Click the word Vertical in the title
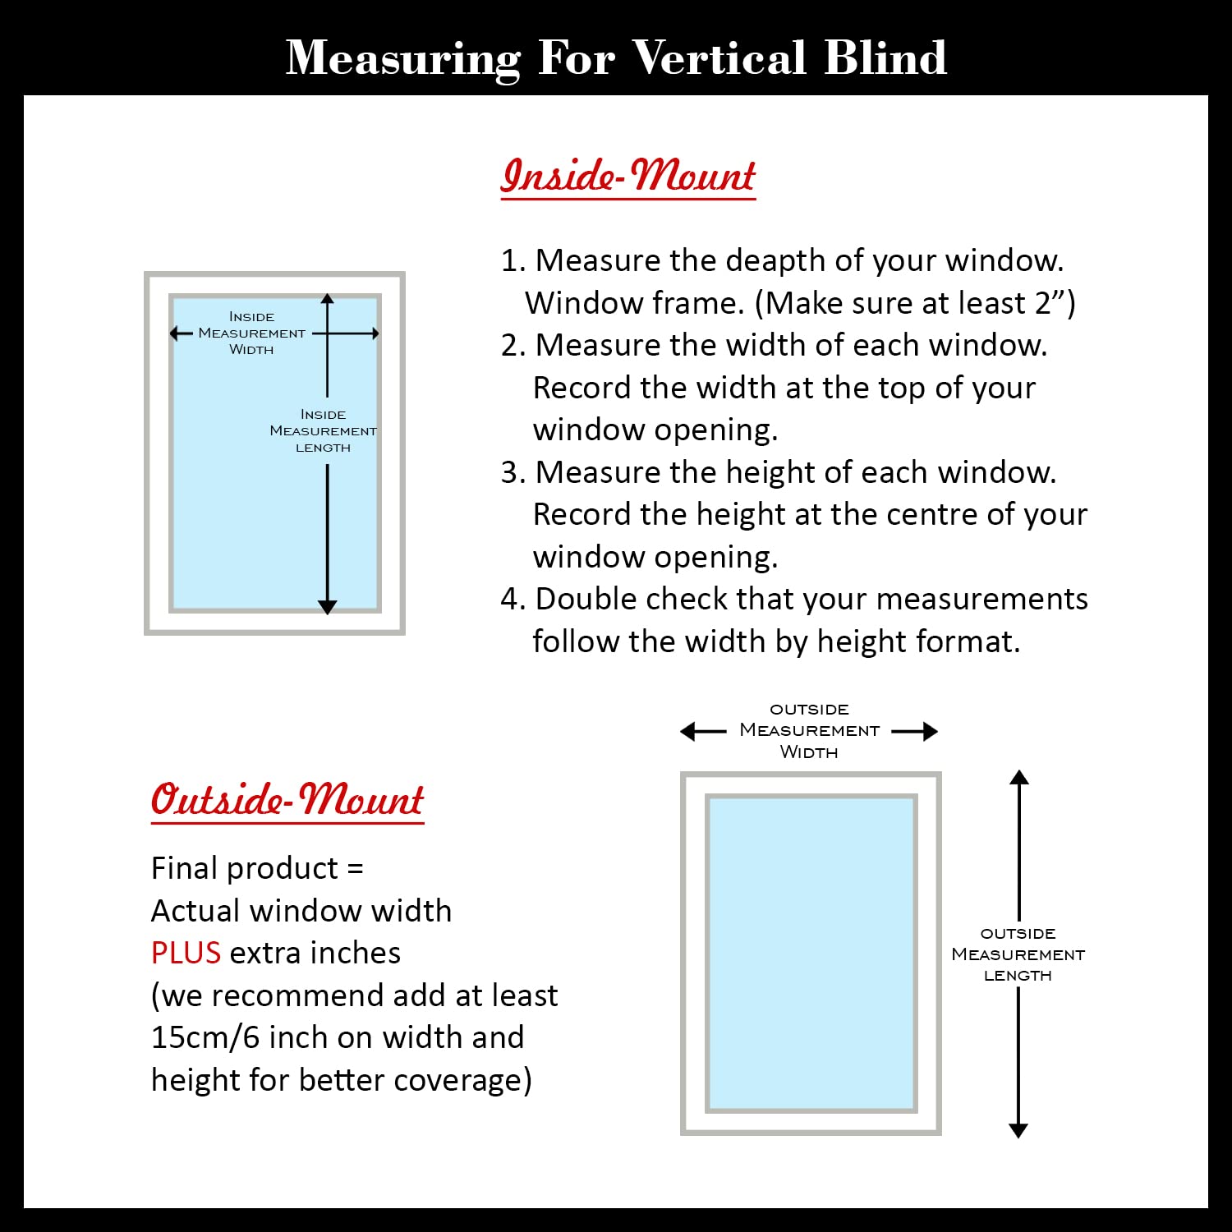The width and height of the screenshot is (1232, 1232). coord(719,57)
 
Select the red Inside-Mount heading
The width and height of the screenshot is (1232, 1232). coord(628,176)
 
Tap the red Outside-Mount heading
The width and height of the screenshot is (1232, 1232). coord(287,799)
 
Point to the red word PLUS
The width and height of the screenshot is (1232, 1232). coord(186,953)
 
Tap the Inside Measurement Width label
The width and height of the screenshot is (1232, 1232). coord(251,333)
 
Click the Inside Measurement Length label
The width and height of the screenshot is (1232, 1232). coord(323,431)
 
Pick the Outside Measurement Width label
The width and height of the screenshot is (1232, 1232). coord(809,730)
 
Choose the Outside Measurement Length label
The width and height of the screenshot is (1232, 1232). coord(1018,954)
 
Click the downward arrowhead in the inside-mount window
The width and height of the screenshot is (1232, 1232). coord(327,607)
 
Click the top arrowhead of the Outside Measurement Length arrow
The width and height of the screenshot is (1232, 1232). coord(1018,778)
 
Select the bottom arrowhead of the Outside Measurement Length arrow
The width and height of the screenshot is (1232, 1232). coord(1018,1130)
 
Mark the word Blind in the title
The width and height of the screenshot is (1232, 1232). coord(885,57)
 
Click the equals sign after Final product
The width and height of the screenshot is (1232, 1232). coord(355,869)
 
